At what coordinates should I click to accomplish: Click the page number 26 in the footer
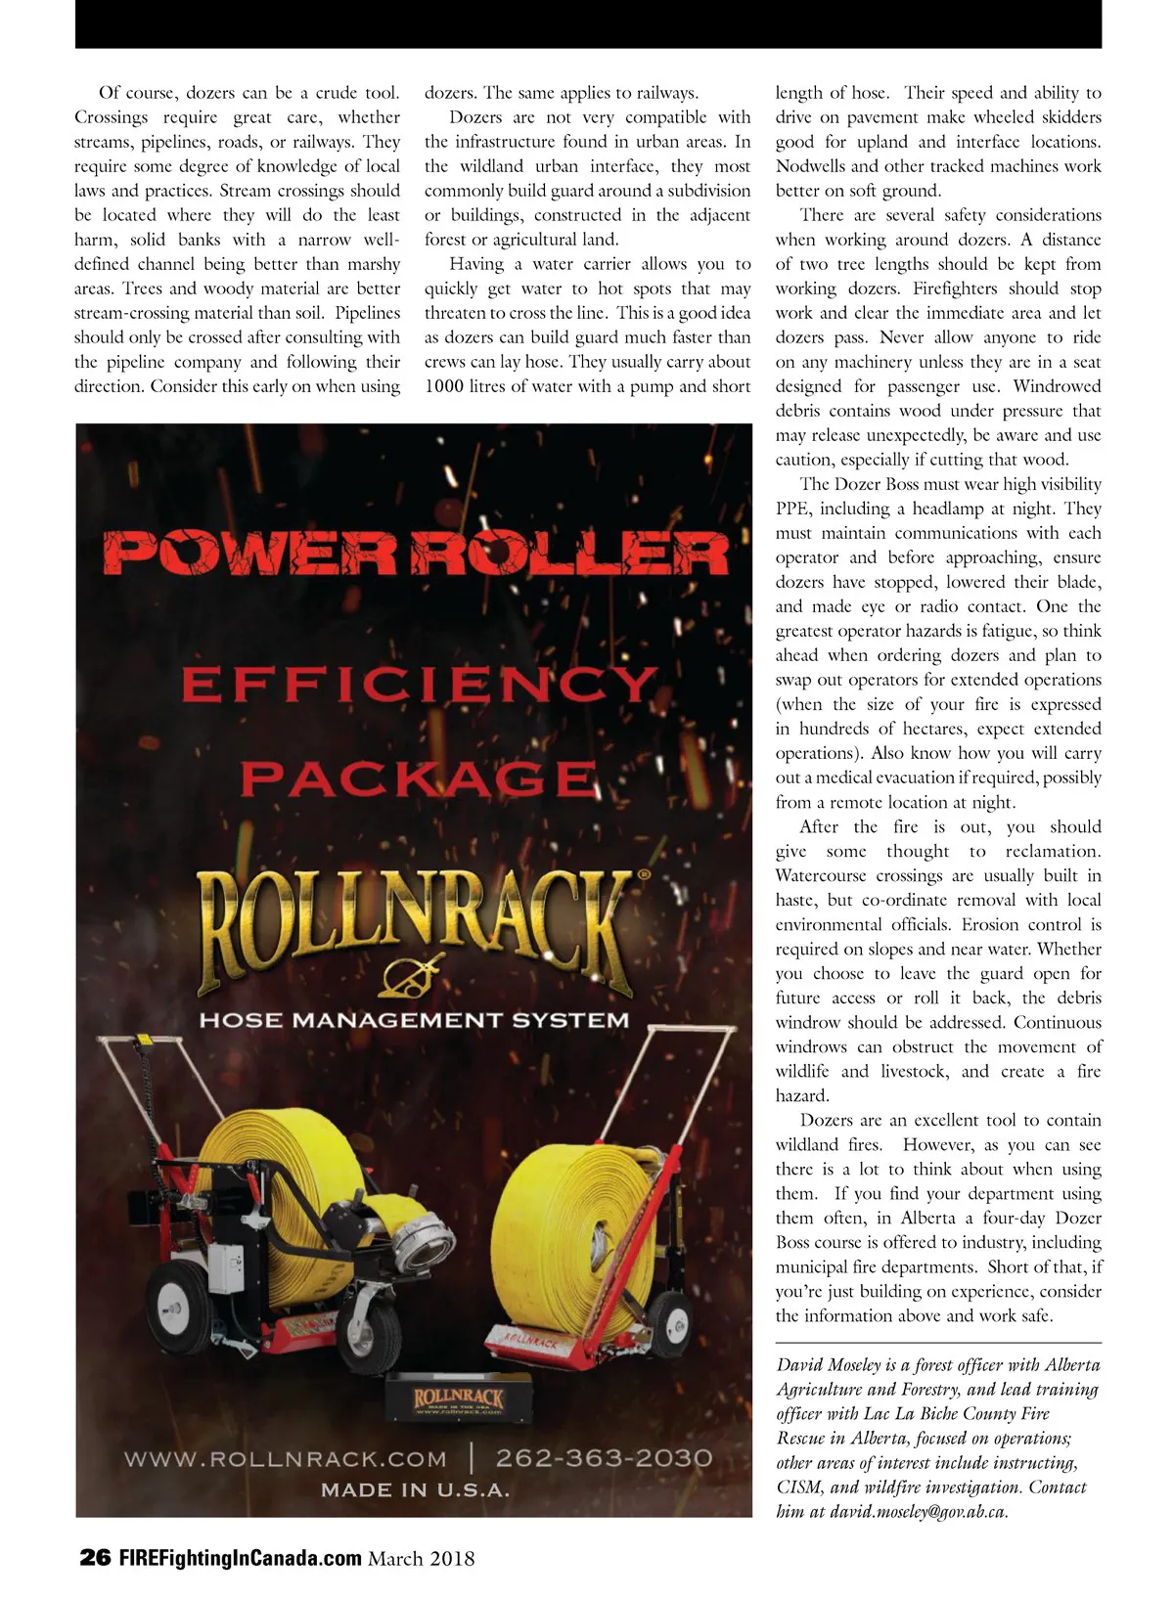95,1558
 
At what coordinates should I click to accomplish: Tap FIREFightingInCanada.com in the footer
241,1558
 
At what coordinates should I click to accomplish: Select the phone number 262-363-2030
604,1458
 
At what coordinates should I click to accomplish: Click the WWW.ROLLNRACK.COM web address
285,1459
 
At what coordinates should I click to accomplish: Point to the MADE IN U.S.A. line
415,1490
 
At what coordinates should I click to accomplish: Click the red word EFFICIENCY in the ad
418,685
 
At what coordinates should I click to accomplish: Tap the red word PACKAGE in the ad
418,779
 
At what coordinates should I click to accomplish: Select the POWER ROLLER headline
416,554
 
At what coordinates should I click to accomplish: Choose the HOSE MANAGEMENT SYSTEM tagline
414,1020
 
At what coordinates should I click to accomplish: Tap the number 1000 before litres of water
444,386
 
